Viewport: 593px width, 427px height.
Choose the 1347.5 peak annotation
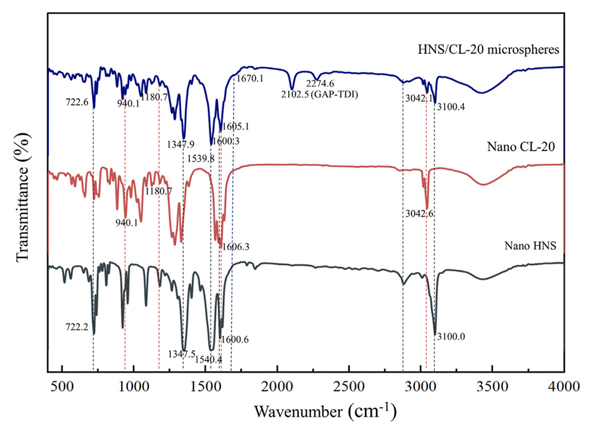[181, 354]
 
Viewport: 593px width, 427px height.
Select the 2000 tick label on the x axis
[277, 384]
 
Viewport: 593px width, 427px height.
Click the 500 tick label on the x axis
[61, 384]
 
